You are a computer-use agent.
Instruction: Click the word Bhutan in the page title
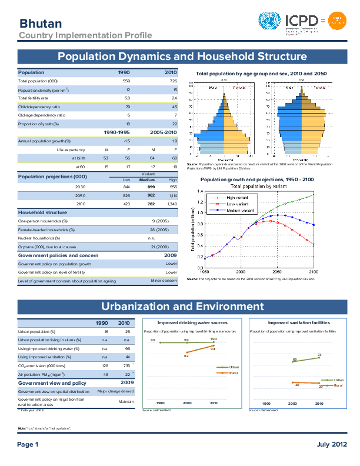click(41, 24)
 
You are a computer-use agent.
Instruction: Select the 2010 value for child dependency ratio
click(174, 107)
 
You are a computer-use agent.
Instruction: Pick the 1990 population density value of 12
click(128, 89)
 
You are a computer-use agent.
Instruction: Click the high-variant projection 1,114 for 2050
click(172, 195)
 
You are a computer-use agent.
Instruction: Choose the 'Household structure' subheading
click(42, 212)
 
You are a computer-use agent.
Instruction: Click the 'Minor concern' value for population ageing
click(164, 281)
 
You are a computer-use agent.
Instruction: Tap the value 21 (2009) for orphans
click(166, 247)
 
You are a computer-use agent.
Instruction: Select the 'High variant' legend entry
click(238, 197)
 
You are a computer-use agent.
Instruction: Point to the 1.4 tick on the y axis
click(199, 192)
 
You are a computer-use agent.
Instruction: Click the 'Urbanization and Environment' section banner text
click(182, 307)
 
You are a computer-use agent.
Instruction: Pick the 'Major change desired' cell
click(116, 391)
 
